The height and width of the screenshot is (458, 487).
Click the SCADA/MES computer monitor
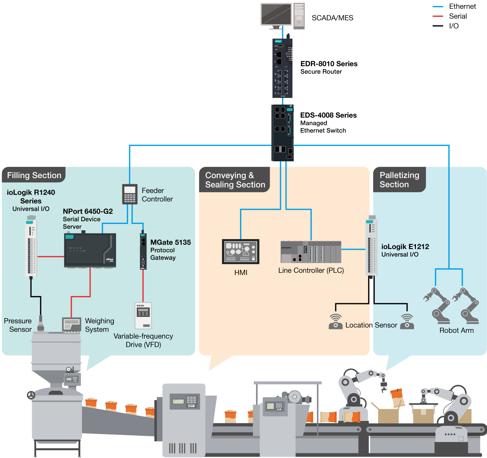click(276, 15)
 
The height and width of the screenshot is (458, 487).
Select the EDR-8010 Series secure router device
click(282, 68)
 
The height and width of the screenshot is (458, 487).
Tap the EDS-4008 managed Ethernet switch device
click(282, 133)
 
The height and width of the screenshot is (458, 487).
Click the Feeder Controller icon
click(130, 194)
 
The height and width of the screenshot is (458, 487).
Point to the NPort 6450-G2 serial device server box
click(90, 250)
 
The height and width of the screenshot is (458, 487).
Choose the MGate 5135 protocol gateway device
click(143, 251)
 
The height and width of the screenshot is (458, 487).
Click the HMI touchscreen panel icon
click(241, 252)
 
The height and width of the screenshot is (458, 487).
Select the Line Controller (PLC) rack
click(311, 252)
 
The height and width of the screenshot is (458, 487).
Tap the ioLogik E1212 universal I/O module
click(371, 247)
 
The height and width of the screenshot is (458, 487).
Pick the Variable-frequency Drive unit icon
click(143, 316)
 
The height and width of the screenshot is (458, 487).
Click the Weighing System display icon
click(72, 325)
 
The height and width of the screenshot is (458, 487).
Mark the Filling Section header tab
click(34, 175)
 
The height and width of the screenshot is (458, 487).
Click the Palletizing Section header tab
click(399, 179)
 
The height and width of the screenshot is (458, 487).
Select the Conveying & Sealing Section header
click(235, 180)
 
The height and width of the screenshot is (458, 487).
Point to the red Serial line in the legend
click(438, 16)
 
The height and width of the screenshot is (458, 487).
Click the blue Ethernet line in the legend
click(438, 6)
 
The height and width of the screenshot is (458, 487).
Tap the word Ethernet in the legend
click(462, 6)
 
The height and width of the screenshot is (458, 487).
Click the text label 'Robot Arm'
click(456, 330)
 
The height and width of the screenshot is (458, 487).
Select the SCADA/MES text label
click(332, 18)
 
